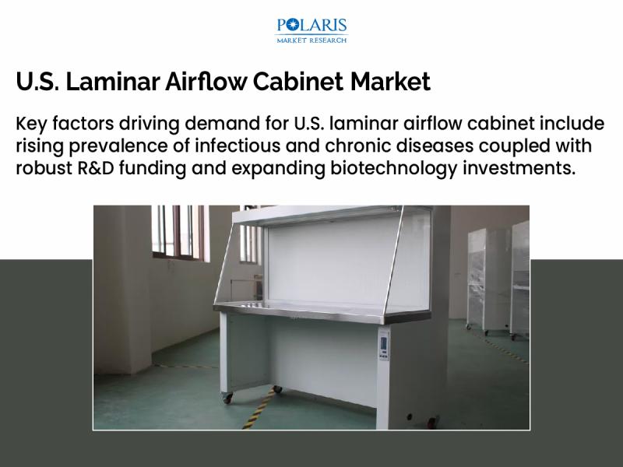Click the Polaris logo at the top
[x=311, y=30]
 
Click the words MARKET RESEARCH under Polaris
[x=311, y=40]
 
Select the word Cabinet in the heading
[x=297, y=82]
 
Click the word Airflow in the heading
[x=206, y=82]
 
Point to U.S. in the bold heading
[x=37, y=82]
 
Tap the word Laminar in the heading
[x=112, y=82]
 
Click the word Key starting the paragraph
[x=31, y=124]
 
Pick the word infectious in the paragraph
[x=238, y=146]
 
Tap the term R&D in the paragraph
[x=96, y=168]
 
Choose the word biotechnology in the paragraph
[x=394, y=168]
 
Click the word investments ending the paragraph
[x=519, y=168]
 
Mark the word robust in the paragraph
[x=44, y=168]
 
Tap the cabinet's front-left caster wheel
[x=227, y=398]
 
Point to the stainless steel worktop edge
[x=322, y=313]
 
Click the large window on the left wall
[x=180, y=233]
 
